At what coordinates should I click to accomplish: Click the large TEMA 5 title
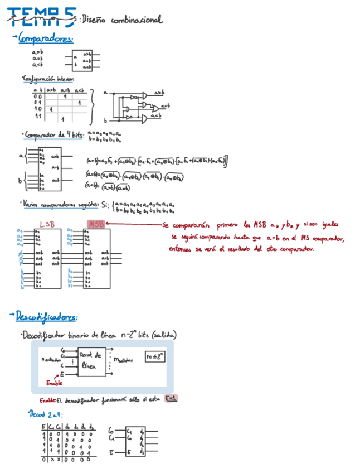(x=41, y=17)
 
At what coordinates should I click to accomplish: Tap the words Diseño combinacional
(x=122, y=20)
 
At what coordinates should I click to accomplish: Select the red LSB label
(x=47, y=224)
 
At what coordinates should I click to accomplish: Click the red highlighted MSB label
(x=96, y=224)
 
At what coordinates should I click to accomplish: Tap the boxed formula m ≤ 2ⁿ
(x=155, y=355)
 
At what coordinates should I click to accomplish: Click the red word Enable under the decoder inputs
(x=54, y=383)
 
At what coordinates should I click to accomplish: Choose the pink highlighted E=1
(x=170, y=398)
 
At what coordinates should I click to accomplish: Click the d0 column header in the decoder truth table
(x=67, y=428)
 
